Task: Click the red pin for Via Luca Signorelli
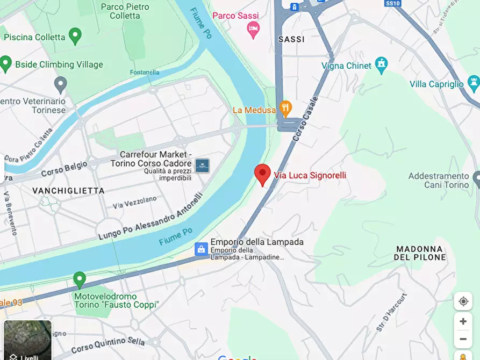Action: tap(262, 174)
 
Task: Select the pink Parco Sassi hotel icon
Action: tap(253, 30)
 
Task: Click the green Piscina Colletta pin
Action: tap(75, 36)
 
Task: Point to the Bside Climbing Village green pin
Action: tap(6, 63)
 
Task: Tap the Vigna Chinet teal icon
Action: tap(381, 64)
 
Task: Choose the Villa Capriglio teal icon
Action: tap(474, 83)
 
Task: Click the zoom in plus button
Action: tap(463, 321)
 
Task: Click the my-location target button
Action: tap(463, 301)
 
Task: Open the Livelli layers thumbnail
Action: tap(28, 341)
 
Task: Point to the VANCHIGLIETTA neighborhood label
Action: tap(68, 191)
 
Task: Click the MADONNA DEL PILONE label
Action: tap(420, 253)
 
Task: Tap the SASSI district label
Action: tap(291, 39)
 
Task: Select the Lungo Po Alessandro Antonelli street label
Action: tap(150, 217)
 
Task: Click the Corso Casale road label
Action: tap(305, 119)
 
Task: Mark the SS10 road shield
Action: tap(393, 3)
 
